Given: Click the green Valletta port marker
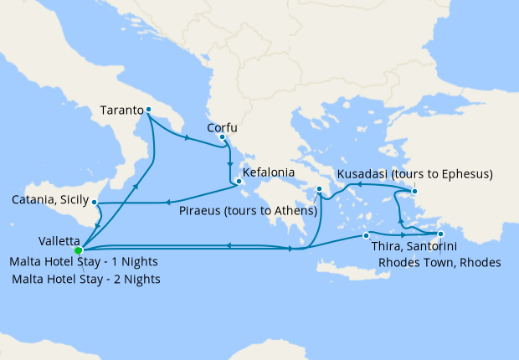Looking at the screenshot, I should [78, 249].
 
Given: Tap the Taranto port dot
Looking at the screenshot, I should [148, 110].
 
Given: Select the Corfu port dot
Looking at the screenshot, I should [222, 136].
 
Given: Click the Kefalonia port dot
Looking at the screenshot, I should [239, 180].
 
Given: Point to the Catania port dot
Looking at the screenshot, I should [95, 202].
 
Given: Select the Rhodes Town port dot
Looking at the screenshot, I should [441, 233].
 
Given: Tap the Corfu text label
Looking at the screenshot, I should [222, 128].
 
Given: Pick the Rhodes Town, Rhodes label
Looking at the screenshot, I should [439, 262].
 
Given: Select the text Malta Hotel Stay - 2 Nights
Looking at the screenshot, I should [87, 279].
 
